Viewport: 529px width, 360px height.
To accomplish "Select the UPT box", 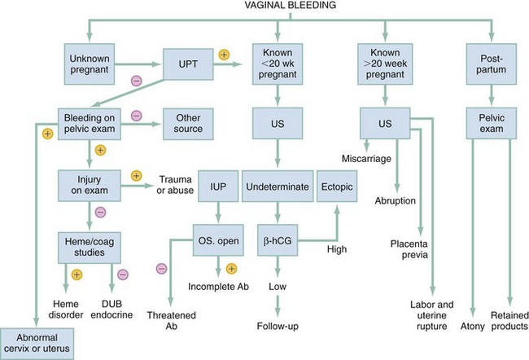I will [190, 61].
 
